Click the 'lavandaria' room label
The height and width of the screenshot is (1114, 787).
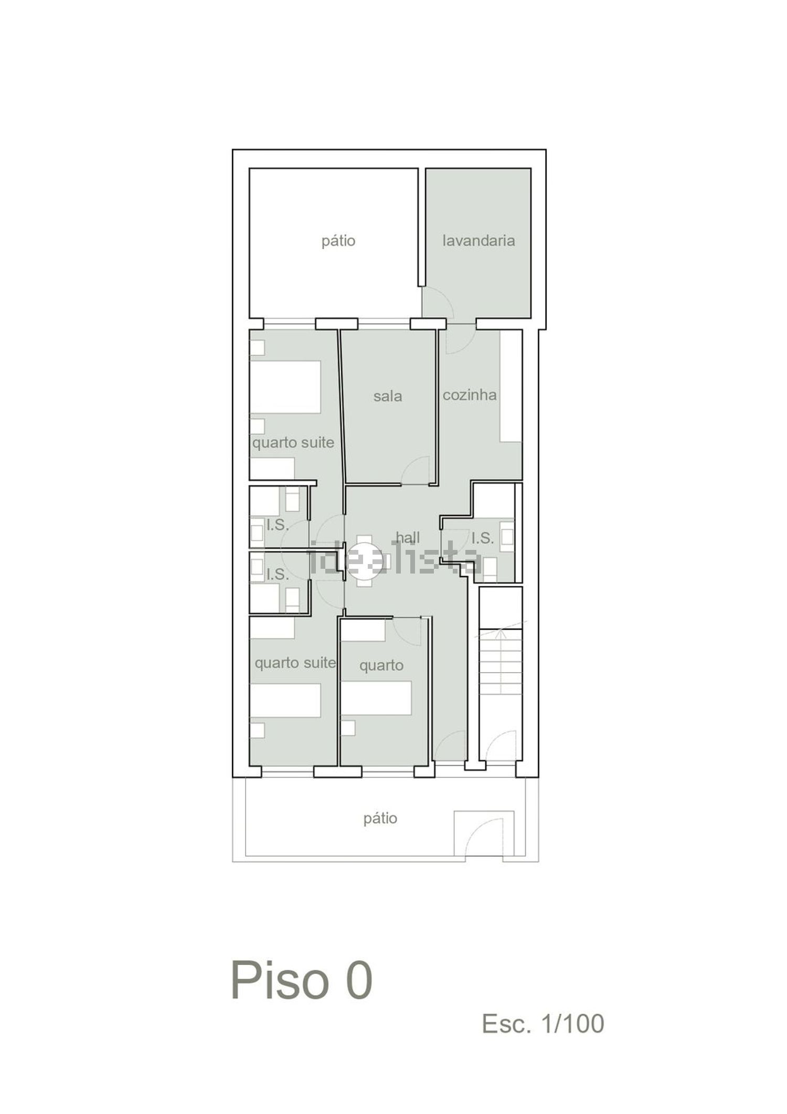coord(478,241)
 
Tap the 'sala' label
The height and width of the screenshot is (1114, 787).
coord(388,396)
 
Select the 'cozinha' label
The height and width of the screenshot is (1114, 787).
coord(470,395)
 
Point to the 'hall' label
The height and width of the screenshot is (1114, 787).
coord(408,537)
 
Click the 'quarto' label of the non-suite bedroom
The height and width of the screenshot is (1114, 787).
coord(381,666)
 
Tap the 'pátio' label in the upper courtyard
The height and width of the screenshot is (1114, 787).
coord(338,241)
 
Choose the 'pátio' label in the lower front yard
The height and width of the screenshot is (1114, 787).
coord(380,818)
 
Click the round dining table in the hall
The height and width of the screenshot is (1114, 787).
coord(364,560)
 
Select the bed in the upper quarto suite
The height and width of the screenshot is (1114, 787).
coord(285,387)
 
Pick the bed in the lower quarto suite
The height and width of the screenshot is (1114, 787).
coord(285,700)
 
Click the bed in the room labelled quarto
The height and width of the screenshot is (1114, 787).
coord(376,697)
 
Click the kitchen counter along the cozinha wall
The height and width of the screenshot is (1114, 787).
coord(511,386)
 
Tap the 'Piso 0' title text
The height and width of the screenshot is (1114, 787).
coord(302,981)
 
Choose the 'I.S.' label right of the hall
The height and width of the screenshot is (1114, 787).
coord(483,538)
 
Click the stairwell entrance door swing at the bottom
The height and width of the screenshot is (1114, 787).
coord(501,743)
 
